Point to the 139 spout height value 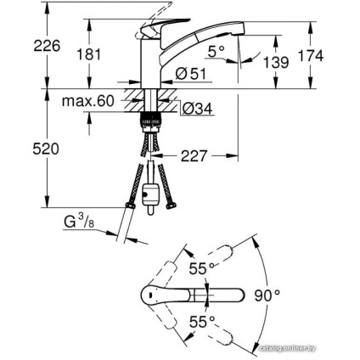click(276, 62)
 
